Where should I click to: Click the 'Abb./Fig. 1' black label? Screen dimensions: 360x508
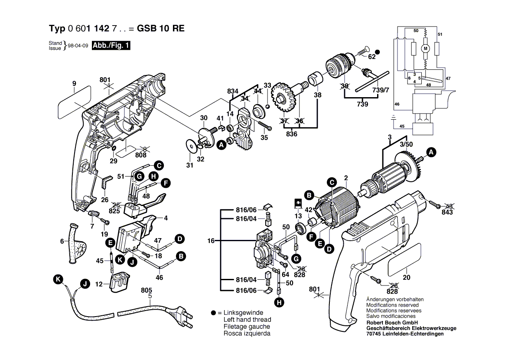[111, 45]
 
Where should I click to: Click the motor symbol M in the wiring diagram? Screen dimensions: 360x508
[425, 48]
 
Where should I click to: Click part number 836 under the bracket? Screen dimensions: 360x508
[292, 134]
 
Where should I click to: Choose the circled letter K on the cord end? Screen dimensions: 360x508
[58, 280]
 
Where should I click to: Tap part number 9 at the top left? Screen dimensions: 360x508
[74, 83]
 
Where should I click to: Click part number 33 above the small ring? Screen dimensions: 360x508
[267, 85]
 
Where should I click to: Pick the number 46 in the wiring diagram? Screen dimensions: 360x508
[397, 105]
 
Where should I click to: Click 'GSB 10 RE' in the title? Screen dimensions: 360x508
[161, 29]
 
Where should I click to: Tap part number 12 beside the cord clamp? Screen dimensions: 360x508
[99, 284]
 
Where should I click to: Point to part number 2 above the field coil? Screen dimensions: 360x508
[345, 177]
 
